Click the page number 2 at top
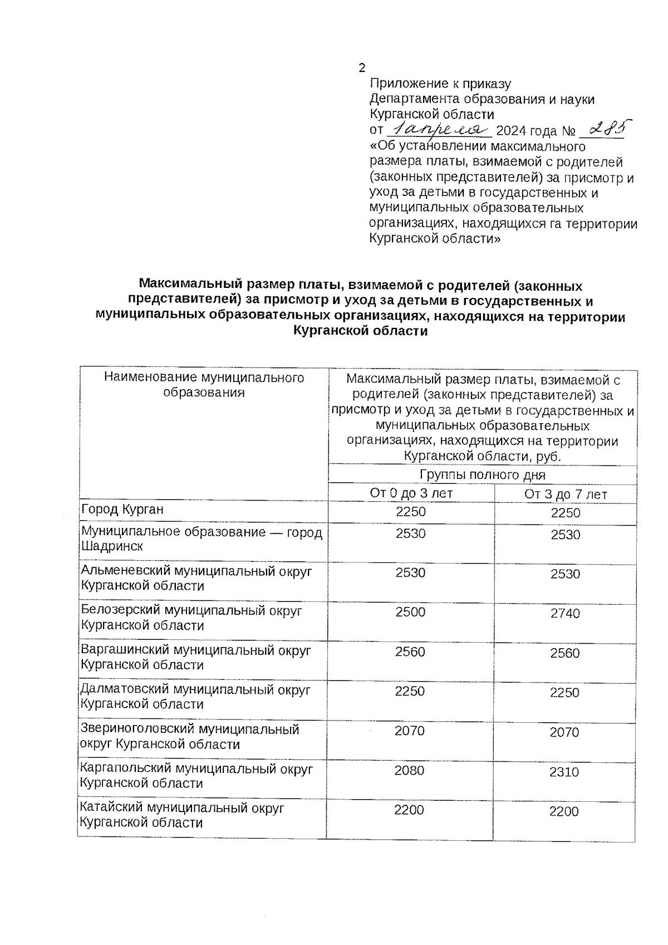pyautogui.click(x=362, y=68)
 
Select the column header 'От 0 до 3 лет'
pyautogui.click(x=411, y=493)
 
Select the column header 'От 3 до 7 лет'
pyautogui.click(x=565, y=494)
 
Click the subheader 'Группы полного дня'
pyautogui.click(x=482, y=475)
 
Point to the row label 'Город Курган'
pyautogui.click(x=122, y=510)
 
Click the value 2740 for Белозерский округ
pyautogui.click(x=565, y=614)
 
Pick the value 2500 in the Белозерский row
pyautogui.click(x=410, y=612)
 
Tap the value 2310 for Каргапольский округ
pyautogui.click(x=564, y=772)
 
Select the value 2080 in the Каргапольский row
pyautogui.click(x=409, y=771)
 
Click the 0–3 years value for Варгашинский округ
pyautogui.click(x=410, y=652)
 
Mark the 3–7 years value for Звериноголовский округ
pyautogui.click(x=564, y=732)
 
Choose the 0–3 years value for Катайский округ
pyautogui.click(x=409, y=810)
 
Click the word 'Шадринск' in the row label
pyautogui.click(x=112, y=546)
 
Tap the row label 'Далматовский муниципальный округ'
pyautogui.click(x=195, y=690)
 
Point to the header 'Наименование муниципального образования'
pyautogui.click(x=204, y=385)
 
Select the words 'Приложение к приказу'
pyautogui.click(x=440, y=84)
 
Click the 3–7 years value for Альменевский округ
pyautogui.click(x=565, y=574)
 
